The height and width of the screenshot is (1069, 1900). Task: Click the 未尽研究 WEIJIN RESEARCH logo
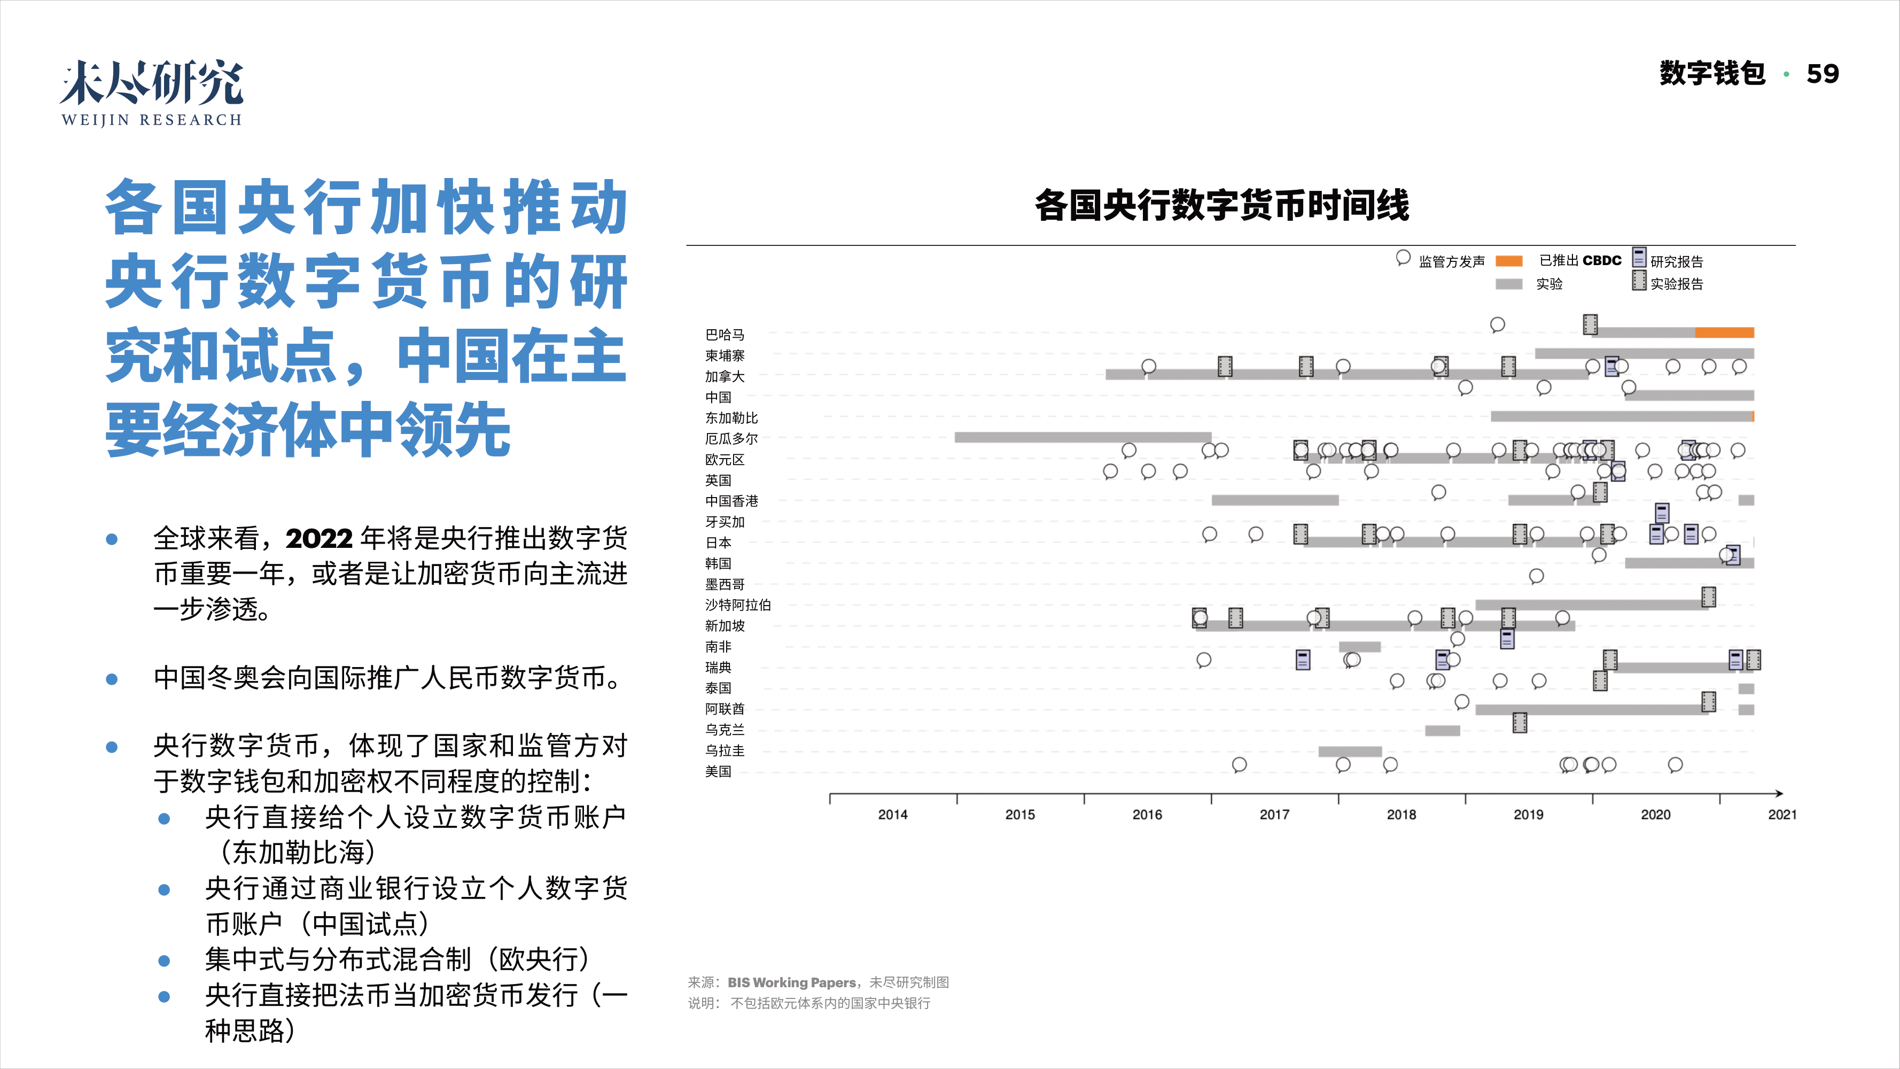pyautogui.click(x=151, y=93)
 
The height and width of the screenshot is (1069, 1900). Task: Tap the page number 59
pyautogui.click(x=1822, y=74)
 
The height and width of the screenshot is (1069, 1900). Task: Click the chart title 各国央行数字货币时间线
pyautogui.click(x=1221, y=205)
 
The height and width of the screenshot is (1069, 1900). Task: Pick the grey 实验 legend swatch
pyautogui.click(x=1508, y=284)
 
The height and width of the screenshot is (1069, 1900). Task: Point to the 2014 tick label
pyautogui.click(x=892, y=815)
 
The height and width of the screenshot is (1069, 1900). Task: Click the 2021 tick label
pyautogui.click(x=1782, y=815)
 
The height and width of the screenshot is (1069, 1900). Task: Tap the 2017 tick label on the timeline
pyautogui.click(x=1274, y=815)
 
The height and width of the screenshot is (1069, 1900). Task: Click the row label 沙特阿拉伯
pyautogui.click(x=737, y=605)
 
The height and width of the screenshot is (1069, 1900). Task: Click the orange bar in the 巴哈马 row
pyautogui.click(x=1724, y=332)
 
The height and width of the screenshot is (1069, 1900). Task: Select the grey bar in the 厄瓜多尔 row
pyautogui.click(x=1082, y=437)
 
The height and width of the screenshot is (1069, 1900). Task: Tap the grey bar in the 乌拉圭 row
pyautogui.click(x=1350, y=752)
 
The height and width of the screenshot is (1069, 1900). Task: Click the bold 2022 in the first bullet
pyautogui.click(x=318, y=539)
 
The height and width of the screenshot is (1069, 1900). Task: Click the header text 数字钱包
pyautogui.click(x=1712, y=74)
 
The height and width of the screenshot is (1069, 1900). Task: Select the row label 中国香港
pyautogui.click(x=731, y=501)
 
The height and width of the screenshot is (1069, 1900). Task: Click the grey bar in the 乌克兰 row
pyautogui.click(x=1442, y=730)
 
